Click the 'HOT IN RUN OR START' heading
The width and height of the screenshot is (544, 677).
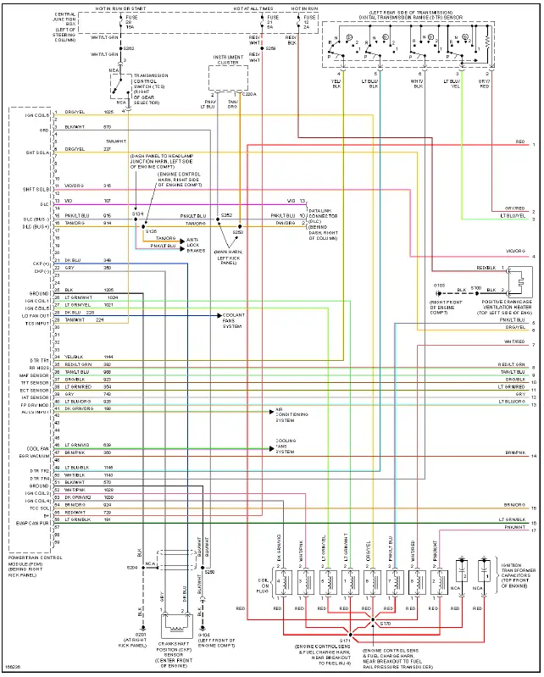[120, 7]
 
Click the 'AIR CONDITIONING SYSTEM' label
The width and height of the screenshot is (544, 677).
[286, 414]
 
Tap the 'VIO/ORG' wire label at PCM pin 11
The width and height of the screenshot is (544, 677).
[75, 186]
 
